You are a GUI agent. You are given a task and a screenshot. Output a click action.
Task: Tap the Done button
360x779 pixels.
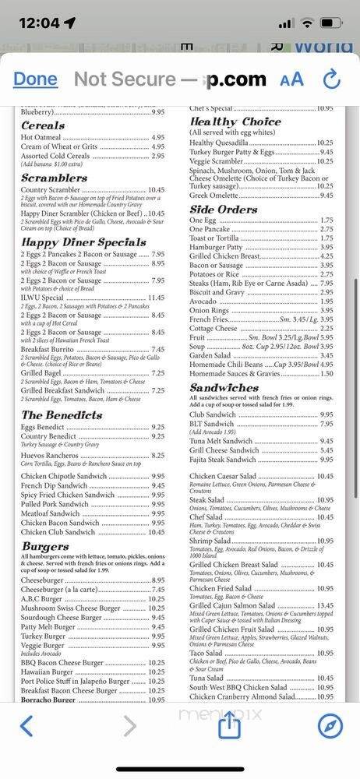click(x=35, y=79)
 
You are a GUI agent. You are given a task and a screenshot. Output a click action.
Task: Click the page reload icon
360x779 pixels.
click(x=332, y=79)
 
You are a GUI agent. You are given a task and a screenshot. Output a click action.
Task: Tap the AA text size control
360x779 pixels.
click(x=291, y=79)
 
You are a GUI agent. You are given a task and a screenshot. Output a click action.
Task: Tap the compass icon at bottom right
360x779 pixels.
click(x=330, y=726)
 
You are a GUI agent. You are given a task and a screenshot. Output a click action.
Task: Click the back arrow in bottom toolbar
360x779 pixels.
click(x=26, y=726)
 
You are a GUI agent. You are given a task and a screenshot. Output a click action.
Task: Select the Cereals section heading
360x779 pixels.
click(x=43, y=125)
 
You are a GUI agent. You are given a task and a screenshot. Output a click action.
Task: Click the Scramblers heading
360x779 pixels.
click(x=54, y=178)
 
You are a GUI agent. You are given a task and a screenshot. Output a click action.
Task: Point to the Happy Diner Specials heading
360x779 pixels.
click(x=83, y=242)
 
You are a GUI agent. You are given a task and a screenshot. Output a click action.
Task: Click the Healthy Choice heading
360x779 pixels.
click(x=235, y=122)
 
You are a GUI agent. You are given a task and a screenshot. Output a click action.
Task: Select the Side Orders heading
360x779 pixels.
click(x=223, y=210)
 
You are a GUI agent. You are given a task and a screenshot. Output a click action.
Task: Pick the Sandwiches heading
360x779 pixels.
click(x=224, y=387)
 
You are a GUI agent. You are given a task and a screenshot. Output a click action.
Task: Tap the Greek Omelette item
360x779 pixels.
click(x=217, y=196)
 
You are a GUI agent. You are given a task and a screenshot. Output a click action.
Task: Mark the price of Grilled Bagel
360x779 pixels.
click(x=157, y=373)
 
